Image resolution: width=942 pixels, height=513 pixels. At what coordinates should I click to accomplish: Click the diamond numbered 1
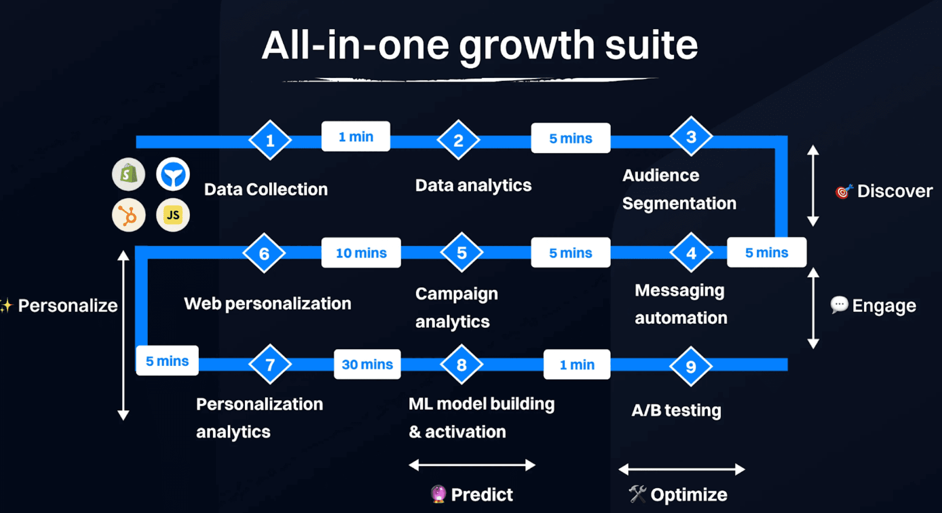270,140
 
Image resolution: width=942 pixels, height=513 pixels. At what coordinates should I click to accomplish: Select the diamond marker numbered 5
461,252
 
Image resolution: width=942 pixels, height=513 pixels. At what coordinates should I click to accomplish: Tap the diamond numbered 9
691,366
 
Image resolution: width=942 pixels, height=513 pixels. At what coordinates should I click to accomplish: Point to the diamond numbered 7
270,364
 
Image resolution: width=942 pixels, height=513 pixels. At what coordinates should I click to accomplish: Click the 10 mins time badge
361,252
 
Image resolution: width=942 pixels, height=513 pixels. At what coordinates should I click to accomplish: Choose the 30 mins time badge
367,364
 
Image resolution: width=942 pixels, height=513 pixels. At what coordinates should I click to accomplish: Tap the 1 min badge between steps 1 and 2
356,137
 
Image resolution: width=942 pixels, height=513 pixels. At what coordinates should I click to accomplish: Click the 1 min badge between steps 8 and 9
577,364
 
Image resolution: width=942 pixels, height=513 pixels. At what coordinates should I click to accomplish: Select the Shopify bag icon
129,175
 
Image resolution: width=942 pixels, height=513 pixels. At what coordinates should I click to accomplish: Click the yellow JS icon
173,215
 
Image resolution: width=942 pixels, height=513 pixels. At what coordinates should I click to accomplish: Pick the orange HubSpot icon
129,215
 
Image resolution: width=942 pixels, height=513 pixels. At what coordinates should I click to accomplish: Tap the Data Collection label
266,189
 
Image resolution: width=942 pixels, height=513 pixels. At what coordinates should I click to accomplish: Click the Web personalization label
267,304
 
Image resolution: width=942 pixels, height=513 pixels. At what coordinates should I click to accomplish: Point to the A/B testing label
676,410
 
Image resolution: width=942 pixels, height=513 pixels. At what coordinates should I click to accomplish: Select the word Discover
894,191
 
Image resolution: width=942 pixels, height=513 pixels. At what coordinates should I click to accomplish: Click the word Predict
482,494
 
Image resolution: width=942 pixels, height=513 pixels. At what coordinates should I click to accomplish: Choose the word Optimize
689,494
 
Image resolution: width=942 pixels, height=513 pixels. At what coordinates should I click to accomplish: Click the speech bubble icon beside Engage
839,305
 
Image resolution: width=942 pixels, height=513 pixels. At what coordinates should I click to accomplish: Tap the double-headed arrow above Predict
472,465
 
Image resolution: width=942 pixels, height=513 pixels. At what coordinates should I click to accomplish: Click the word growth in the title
527,46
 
